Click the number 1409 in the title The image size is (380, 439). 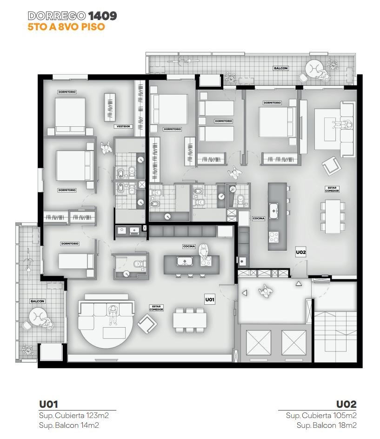(103, 16)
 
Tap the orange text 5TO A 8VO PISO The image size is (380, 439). (66, 27)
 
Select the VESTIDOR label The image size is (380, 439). (123, 127)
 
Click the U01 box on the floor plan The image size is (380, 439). (210, 300)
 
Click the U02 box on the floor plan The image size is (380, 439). (300, 252)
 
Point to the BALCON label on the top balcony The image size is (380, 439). (280, 69)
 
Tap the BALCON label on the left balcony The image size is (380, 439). (37, 301)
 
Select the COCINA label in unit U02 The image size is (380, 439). (259, 219)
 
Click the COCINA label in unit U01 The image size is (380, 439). (189, 247)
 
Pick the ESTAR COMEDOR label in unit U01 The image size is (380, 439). (156, 308)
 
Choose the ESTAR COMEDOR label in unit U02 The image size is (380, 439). (332, 189)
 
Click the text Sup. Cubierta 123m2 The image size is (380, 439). (74, 416)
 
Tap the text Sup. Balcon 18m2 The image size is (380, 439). (327, 425)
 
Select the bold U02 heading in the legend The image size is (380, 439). (346, 405)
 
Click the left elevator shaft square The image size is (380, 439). (258, 343)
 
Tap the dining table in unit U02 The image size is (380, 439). (333, 216)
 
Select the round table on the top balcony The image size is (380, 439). (314, 69)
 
